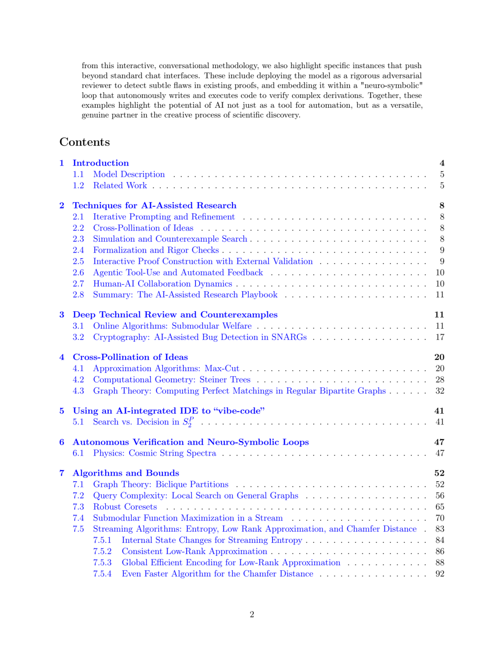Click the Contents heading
click(84, 142)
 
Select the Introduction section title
click(101, 163)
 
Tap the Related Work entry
click(120, 185)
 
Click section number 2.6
click(78, 273)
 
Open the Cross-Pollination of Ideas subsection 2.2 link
click(143, 228)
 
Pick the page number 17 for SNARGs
click(440, 337)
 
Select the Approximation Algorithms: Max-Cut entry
click(166, 368)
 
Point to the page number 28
click(440, 379)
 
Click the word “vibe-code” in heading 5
click(239, 411)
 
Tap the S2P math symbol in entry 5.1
click(188, 422)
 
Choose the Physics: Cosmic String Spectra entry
click(154, 453)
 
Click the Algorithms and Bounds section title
click(126, 473)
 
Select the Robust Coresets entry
click(125, 507)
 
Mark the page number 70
click(440, 518)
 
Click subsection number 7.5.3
click(102, 562)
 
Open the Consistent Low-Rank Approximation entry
click(195, 551)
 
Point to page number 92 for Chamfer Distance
click(440, 574)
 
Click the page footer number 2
click(252, 614)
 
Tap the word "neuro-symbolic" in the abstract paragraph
click(392, 85)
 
